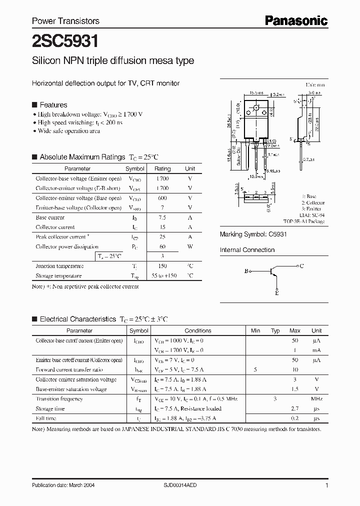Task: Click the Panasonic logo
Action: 296,20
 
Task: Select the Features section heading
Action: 53,105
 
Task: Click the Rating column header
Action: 162,169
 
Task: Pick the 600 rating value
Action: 162,198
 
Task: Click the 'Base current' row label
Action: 50,217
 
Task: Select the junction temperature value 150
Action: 162,266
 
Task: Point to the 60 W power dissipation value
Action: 162,246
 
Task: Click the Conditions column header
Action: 198,330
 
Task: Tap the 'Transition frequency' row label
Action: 59,399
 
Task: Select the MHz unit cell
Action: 316,399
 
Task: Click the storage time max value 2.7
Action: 294,408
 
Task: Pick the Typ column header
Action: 275,330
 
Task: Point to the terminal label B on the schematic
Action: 246,271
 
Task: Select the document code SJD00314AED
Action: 190,485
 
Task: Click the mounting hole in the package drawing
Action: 256,107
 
